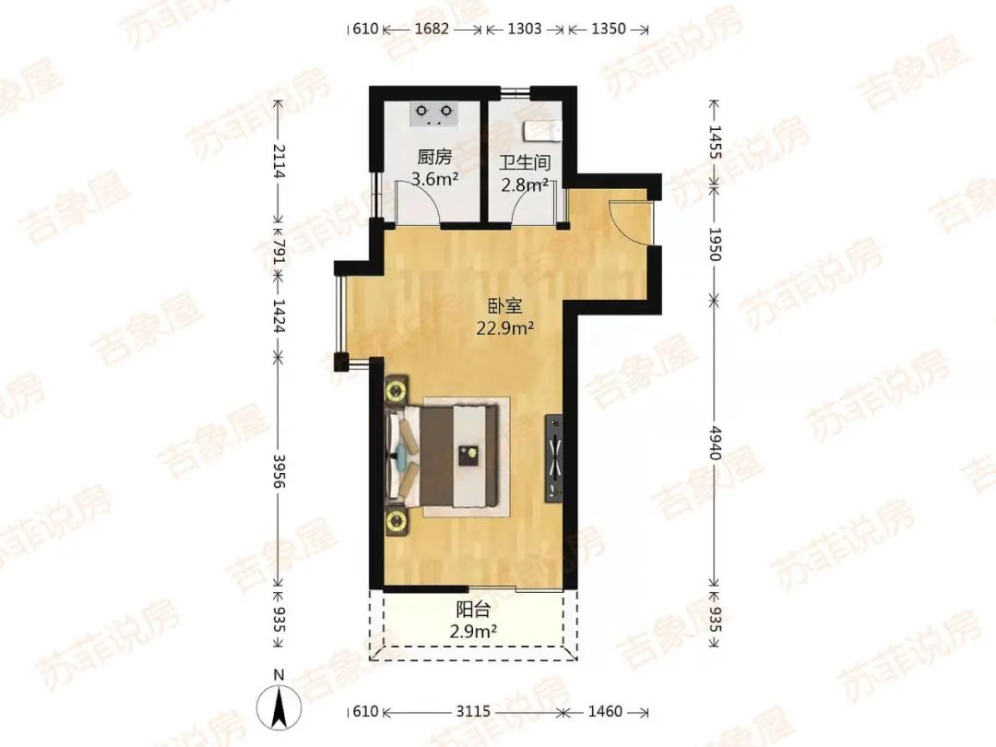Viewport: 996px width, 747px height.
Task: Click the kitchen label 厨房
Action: tap(434, 157)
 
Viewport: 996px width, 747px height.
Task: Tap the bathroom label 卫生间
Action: tap(524, 163)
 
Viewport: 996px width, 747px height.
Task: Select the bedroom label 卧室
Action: tap(505, 306)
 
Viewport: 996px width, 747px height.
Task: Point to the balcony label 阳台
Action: tap(473, 611)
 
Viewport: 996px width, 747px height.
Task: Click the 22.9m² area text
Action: tap(505, 327)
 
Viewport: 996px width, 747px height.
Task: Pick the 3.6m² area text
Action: tap(434, 179)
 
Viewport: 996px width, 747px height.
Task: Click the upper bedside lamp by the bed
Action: tap(397, 389)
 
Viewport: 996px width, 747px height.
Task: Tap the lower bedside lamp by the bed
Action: tap(397, 522)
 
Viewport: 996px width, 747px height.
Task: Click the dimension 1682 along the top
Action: tap(432, 30)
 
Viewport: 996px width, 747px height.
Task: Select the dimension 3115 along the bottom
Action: tap(473, 711)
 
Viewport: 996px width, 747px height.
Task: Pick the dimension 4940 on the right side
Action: tap(716, 443)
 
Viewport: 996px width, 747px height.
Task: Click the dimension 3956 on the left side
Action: tap(279, 470)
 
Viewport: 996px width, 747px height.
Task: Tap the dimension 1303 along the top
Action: tap(525, 30)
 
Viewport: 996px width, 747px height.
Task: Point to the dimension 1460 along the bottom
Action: tap(604, 711)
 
